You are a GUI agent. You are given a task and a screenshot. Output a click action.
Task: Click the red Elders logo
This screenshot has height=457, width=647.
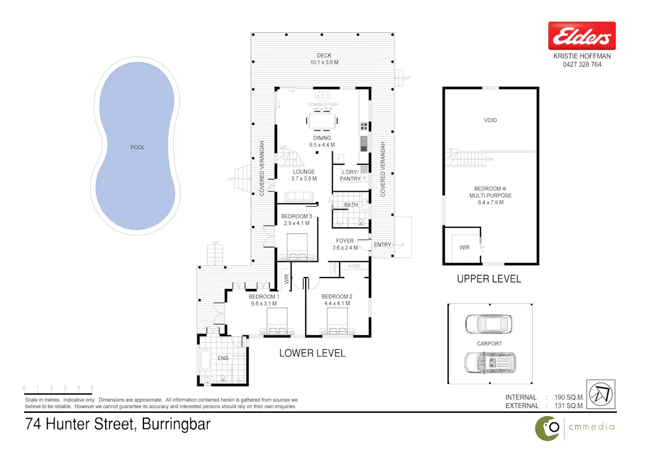point(582,36)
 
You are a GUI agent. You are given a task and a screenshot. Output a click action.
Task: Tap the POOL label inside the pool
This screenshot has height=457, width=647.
point(137,147)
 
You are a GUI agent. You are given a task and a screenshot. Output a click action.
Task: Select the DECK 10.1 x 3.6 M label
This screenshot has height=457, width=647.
point(324,59)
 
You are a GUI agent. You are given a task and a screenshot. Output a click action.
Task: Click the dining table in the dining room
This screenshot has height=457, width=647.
point(322,121)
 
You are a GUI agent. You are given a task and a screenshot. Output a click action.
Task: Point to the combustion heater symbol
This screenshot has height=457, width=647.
point(322,95)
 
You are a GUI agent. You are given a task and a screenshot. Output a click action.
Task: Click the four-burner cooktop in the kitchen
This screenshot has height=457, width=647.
point(364,126)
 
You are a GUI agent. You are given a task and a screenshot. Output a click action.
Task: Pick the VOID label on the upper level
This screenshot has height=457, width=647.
point(490,120)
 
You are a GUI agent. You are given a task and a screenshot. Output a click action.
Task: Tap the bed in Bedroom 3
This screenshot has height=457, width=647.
point(297,247)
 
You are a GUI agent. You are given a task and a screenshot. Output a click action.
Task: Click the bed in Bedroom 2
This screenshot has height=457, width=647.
point(337,321)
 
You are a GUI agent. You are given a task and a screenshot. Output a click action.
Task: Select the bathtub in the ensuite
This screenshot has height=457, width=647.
point(205,359)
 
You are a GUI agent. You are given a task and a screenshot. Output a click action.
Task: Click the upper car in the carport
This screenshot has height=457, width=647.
point(488,324)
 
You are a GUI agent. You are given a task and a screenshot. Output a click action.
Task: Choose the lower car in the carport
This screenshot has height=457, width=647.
point(490,363)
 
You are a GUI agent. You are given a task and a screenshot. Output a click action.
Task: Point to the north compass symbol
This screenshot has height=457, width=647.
point(601,394)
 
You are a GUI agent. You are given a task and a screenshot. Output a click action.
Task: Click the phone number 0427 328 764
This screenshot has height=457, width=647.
point(582,65)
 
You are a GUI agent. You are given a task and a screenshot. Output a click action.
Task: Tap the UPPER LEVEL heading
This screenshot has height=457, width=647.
point(488,279)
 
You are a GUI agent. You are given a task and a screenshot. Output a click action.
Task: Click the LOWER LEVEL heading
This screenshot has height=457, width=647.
point(312,353)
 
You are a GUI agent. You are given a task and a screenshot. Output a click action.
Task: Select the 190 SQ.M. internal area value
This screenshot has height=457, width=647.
point(569,397)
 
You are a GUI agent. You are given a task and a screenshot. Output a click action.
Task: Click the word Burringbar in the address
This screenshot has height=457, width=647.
point(176,424)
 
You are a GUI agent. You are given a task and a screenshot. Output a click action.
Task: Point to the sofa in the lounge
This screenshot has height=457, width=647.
point(299,196)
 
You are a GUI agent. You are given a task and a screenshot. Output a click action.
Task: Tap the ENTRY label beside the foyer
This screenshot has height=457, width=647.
point(382,245)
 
